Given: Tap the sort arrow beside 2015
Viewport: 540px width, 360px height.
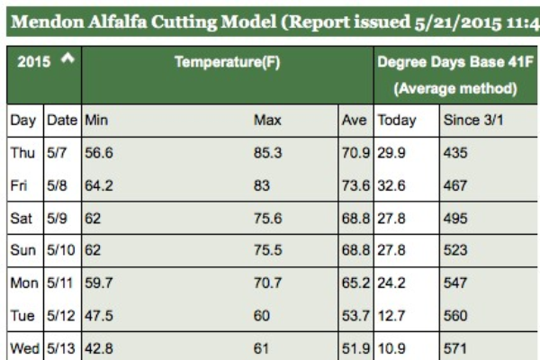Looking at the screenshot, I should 66,59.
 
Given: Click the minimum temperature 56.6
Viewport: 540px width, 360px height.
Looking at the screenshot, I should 99,154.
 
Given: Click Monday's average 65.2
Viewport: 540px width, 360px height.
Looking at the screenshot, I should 356,282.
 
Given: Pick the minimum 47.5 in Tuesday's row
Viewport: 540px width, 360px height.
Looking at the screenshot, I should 99,315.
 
